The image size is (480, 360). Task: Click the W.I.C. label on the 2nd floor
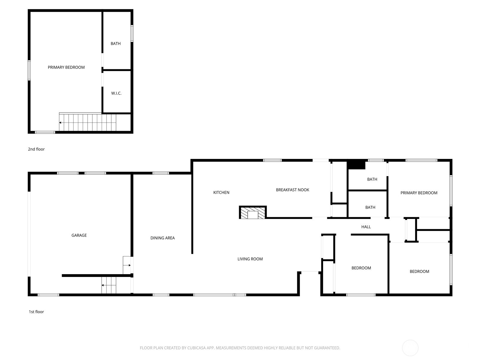pos(116,93)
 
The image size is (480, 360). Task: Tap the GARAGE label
pos(79,235)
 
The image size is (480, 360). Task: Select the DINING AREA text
pos(162,238)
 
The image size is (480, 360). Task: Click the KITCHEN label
pos(221,193)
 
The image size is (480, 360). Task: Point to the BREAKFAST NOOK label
pos(292,190)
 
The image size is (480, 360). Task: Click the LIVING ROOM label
pos(250,259)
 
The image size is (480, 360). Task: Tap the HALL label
pos(366,227)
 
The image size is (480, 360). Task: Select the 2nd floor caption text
pos(36,149)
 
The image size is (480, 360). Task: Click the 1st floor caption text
pos(36,312)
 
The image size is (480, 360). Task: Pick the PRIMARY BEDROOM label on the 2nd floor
pos(66,67)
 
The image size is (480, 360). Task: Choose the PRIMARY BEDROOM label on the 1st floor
pos(419,193)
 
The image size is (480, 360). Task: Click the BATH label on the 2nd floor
pos(115,44)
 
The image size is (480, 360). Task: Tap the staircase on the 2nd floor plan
pos(87,122)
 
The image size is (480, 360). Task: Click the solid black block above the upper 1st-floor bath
pos(356,165)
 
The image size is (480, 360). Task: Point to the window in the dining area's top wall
pos(161,173)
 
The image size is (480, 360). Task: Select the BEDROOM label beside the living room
pos(361,268)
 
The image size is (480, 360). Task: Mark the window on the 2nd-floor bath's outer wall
pos(132,33)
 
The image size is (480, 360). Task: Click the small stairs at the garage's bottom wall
pos(109,285)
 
